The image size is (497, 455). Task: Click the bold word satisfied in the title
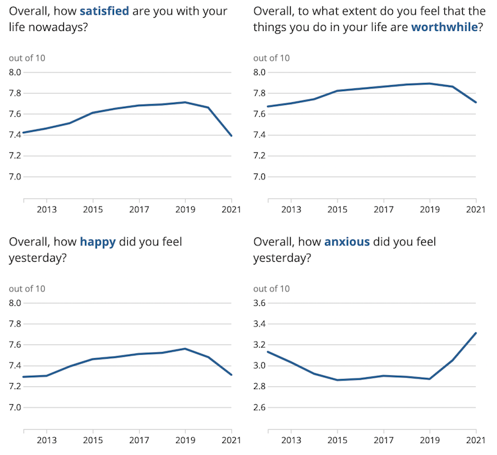[x=104, y=11]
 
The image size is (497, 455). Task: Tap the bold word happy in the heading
[x=98, y=242]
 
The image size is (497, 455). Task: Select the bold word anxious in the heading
[x=347, y=242]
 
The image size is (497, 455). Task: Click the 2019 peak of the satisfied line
[x=185, y=102]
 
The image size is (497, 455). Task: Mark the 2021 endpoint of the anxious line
[x=475, y=333]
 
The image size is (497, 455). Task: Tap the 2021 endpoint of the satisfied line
[x=231, y=136]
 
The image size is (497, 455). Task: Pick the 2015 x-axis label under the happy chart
[x=93, y=440]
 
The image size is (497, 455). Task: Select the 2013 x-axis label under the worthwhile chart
[x=291, y=210]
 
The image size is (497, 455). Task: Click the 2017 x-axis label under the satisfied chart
[x=139, y=210]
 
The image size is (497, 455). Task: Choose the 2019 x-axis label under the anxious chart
[x=429, y=440]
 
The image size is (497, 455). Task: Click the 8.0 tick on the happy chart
[x=16, y=303]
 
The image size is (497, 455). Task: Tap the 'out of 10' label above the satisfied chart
[x=27, y=58]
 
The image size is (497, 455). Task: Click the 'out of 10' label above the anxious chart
[x=272, y=288]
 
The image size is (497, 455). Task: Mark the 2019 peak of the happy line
[x=185, y=349]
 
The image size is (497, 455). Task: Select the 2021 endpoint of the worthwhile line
[x=475, y=102]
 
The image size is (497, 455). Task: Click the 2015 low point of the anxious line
[x=337, y=380]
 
